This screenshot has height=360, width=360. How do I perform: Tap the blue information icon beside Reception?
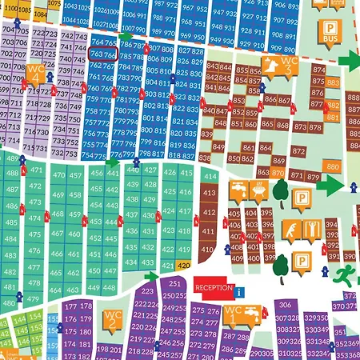point(238,290)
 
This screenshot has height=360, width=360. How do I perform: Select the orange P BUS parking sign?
point(330,32)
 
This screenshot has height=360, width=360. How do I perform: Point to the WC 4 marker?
point(35,74)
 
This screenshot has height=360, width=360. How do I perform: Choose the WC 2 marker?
point(112,322)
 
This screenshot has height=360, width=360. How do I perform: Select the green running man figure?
point(345,275)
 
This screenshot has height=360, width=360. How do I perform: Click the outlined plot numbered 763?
point(102,54)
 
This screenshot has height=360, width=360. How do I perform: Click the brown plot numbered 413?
point(208,192)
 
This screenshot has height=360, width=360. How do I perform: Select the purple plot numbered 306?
point(284,306)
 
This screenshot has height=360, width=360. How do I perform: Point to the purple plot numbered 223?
point(147,292)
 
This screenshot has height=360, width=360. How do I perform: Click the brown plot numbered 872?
point(298,150)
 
